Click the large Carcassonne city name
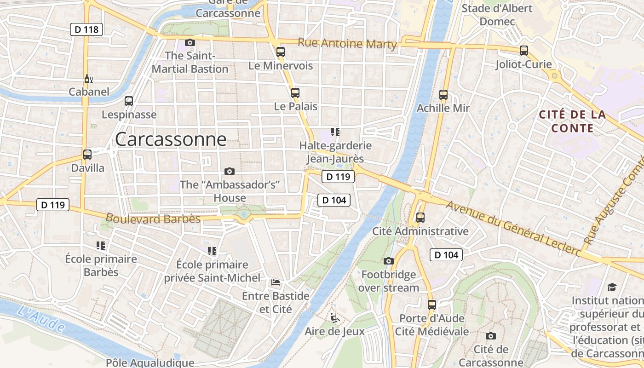[171, 139]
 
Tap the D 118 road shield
[86, 30]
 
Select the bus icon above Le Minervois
[281, 52]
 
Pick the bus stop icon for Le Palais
[295, 92]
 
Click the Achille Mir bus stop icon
[443, 95]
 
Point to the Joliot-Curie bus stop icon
[523, 51]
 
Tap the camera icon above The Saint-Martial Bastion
[190, 43]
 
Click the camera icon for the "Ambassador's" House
[229, 172]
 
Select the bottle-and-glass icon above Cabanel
[88, 79]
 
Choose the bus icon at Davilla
[87, 155]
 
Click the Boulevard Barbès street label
[153, 218]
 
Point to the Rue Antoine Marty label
[347, 43]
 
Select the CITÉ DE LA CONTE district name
[572, 121]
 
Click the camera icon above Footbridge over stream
[389, 261]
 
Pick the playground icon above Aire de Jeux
[334, 317]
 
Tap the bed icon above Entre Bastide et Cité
[276, 282]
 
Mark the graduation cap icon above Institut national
[611, 287]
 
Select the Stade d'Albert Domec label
[497, 15]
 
